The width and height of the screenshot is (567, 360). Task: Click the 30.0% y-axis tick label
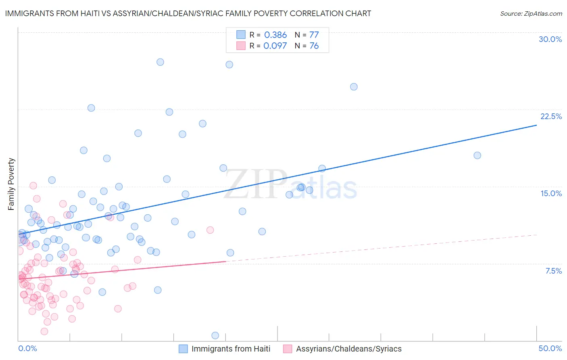point(550,39)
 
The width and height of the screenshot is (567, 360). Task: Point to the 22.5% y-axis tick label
point(551,116)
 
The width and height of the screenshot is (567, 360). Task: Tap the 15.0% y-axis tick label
point(551,193)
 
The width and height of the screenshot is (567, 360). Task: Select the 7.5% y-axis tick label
point(553,271)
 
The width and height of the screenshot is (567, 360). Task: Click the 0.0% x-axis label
point(27,348)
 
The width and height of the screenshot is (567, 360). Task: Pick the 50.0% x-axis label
point(550,348)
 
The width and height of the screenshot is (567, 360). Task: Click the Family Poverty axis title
point(11,184)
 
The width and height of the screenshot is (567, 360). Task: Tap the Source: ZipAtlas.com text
point(531,13)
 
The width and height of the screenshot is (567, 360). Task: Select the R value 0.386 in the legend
point(275,35)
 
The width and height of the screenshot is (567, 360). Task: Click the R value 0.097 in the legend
point(275,46)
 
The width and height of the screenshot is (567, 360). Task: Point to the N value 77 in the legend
point(314,35)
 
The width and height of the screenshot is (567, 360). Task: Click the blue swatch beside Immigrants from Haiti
point(183,349)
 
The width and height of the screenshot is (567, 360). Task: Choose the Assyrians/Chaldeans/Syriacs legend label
point(349,349)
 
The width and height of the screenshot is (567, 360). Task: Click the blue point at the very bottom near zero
point(215,335)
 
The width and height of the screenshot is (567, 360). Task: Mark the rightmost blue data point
point(477,155)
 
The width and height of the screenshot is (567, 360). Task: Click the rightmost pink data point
point(210,230)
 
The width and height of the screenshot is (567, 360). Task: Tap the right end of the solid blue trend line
point(536,125)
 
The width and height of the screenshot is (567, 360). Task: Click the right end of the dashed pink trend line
point(536,235)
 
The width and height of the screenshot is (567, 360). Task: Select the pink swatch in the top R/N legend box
point(241,46)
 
